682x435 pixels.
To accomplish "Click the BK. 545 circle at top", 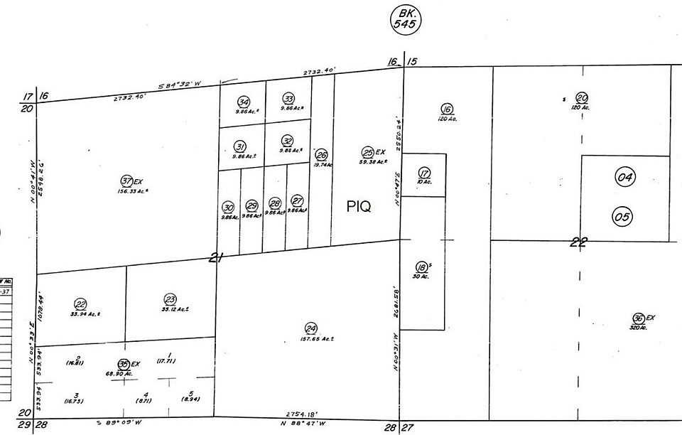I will pos(406,18).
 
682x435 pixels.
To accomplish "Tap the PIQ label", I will pos(359,206).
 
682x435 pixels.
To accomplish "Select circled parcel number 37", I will pos(128,181).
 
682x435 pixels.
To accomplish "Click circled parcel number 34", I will pos(244,102).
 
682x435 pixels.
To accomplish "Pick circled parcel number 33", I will pos(288,98).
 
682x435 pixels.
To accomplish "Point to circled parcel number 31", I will pos(240,146).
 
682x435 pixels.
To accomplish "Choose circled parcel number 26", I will pos(322,155).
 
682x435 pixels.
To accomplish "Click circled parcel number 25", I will pos(368,152).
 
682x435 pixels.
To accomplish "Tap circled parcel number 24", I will pos(310,328).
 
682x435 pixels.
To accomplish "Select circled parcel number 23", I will pos(170,299).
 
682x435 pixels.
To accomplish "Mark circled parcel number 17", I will pos(424,173).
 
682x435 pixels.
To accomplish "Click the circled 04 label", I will pos(624,178).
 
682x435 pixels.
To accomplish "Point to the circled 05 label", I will pos(622,217).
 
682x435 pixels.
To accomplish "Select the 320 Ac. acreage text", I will pos(638,327).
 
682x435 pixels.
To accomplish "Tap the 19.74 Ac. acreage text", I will pos(323,164).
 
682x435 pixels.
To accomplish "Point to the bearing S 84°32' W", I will pos(180,85).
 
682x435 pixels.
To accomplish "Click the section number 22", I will pos(579,242).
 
